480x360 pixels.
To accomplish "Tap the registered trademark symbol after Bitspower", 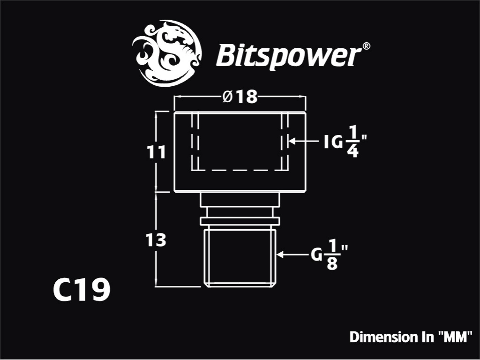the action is (367, 46).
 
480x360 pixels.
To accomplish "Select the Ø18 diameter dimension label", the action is (240, 97).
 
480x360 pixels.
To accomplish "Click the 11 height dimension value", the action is (157, 152).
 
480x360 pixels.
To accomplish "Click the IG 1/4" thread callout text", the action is (345, 142).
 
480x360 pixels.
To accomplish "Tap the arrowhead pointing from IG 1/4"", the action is (291, 141).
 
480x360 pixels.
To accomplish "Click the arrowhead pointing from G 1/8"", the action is (279, 254).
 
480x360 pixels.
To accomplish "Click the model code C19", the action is (82, 290).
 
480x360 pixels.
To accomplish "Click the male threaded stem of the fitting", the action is (240, 258).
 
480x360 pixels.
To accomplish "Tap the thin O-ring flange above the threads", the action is (240, 221).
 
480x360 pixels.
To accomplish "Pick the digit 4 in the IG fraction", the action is (353, 151).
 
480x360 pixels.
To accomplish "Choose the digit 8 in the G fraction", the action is (332, 263).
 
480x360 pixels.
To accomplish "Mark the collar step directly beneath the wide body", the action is (240, 200).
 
